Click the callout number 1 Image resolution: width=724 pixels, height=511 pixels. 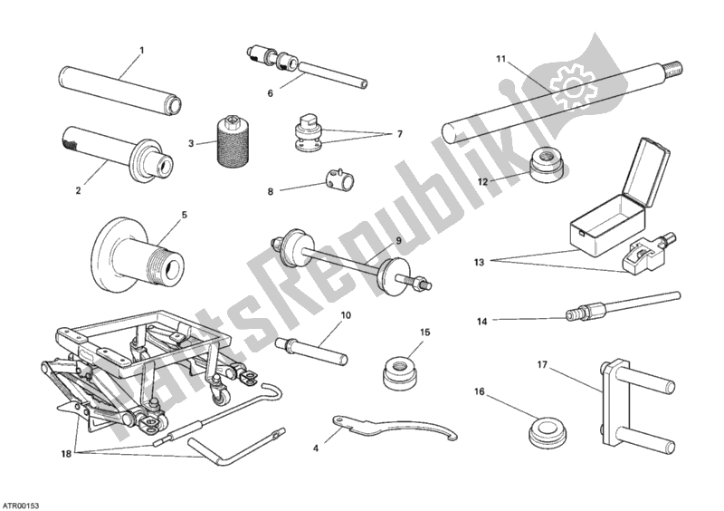[x=142, y=50]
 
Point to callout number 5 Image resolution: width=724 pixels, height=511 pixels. [x=185, y=215]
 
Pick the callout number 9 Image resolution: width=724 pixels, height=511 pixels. [x=398, y=240]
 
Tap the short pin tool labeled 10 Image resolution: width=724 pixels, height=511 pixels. [x=310, y=351]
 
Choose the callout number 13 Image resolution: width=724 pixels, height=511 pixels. [x=480, y=262]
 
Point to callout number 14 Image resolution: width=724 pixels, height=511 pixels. [x=481, y=322]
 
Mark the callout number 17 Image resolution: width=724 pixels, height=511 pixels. [x=541, y=365]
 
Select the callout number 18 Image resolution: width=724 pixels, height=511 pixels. [x=66, y=454]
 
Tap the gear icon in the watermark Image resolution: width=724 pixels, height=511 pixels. [x=571, y=86]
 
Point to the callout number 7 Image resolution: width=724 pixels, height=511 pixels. [x=399, y=134]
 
